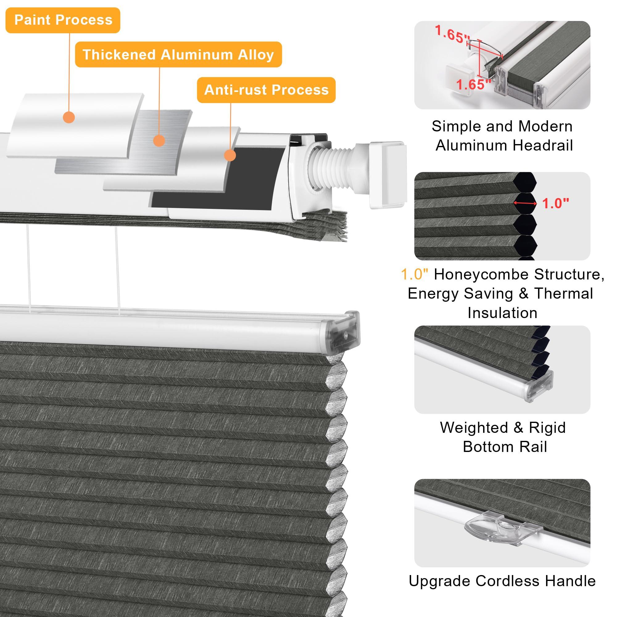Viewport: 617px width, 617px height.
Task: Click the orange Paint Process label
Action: (x=63, y=20)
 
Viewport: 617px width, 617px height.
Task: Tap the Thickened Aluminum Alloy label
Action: (x=178, y=55)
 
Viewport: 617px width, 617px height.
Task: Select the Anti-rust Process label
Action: (x=266, y=90)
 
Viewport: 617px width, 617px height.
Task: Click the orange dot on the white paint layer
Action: (x=69, y=117)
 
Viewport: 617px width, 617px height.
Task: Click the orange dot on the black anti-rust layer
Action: (x=230, y=155)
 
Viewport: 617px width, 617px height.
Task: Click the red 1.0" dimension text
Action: (x=555, y=203)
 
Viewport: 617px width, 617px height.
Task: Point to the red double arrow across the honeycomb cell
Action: (x=525, y=203)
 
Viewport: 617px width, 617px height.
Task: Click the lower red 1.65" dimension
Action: (x=474, y=85)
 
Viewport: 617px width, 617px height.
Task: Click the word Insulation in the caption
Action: (x=502, y=313)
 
